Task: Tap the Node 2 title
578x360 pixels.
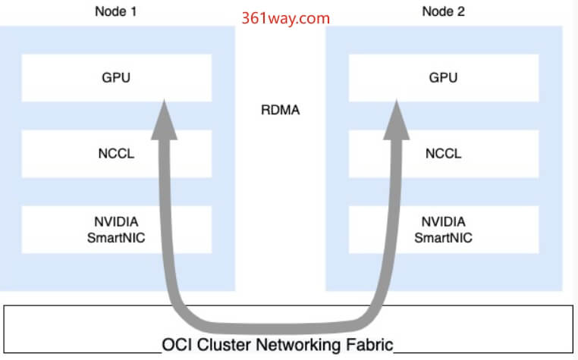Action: click(444, 11)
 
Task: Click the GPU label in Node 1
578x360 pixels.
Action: click(116, 77)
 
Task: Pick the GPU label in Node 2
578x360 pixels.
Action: click(444, 77)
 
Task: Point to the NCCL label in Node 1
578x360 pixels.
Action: click(116, 153)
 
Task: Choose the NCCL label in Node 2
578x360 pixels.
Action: click(444, 153)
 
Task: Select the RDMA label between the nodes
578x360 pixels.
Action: click(280, 110)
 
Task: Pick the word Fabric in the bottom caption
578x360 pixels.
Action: click(369, 346)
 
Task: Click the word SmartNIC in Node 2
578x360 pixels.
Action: click(444, 238)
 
